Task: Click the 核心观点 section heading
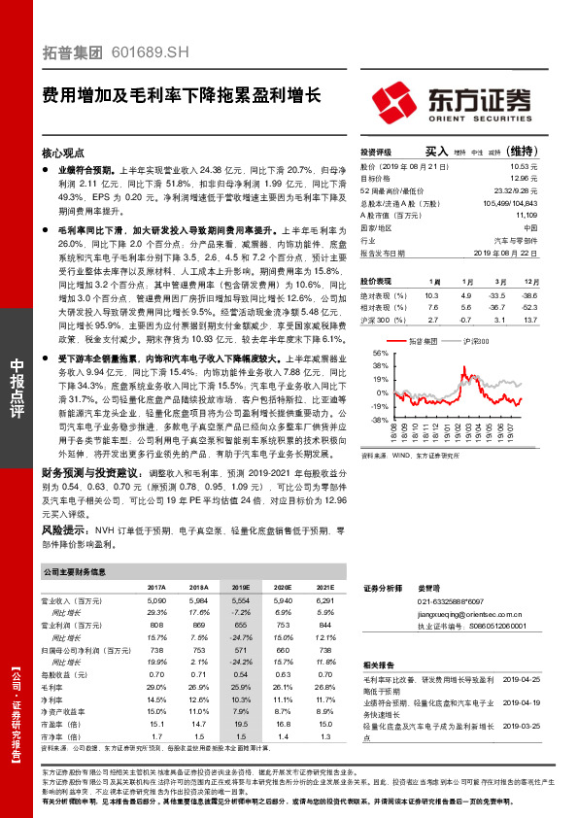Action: coord(63,153)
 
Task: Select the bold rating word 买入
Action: coord(436,152)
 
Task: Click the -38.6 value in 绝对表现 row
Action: coord(555,294)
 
